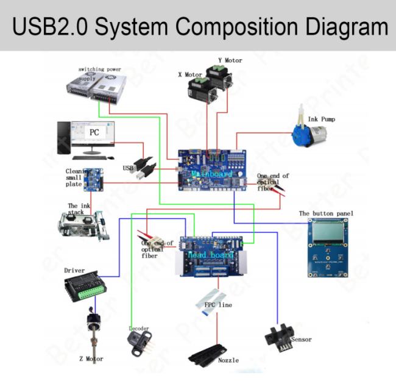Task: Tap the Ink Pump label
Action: (321, 119)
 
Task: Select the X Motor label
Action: (190, 75)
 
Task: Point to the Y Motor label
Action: (230, 60)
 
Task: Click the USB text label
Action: (128, 168)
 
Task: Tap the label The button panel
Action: (326, 213)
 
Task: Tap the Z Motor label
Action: (91, 359)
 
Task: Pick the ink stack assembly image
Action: (85, 227)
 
